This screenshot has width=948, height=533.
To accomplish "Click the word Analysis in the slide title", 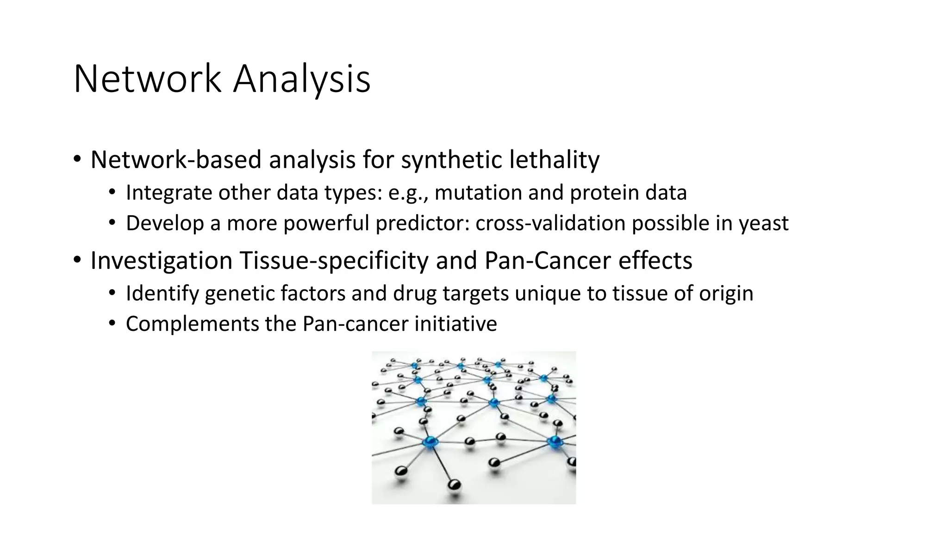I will tap(301, 80).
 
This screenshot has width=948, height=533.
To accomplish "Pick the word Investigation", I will tap(161, 260).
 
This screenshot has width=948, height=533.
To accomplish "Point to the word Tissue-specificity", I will tap(334, 260).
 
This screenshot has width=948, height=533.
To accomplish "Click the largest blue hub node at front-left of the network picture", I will tap(430, 442).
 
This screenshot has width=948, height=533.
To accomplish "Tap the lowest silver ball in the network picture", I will tap(455, 485).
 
